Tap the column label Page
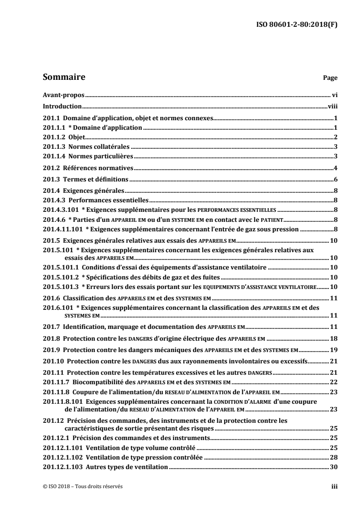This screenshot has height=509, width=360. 330,78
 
